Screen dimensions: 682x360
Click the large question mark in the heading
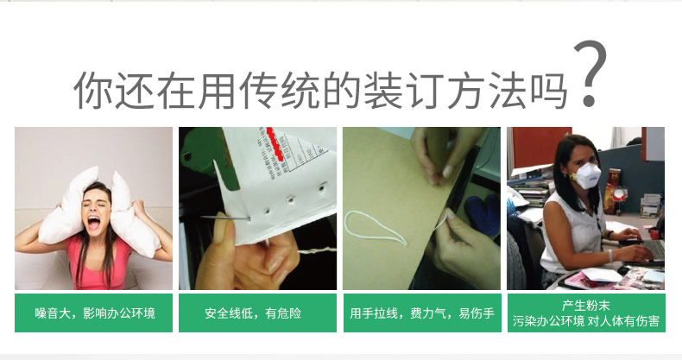click(590, 74)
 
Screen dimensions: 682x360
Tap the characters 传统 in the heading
click(279, 91)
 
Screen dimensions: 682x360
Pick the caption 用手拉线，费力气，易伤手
click(422, 313)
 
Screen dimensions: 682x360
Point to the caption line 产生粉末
click(586, 306)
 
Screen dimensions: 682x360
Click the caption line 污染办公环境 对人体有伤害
click(586, 321)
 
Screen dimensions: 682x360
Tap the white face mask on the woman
click(587, 175)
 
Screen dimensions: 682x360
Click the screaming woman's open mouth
click(93, 223)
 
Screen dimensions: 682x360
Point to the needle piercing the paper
click(225, 218)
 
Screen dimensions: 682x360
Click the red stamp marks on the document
click(275, 143)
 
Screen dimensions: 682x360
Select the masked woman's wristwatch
click(610, 256)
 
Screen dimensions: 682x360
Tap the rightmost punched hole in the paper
click(322, 188)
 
